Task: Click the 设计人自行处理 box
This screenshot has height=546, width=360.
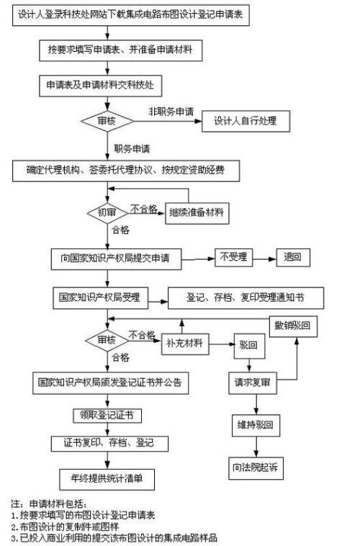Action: (x=244, y=121)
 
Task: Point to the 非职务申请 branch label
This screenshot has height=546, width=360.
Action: (x=171, y=112)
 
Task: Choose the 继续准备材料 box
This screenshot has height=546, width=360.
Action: (x=196, y=212)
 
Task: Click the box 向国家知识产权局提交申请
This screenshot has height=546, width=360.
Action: (x=115, y=257)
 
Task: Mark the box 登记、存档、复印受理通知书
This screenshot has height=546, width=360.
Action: (x=246, y=297)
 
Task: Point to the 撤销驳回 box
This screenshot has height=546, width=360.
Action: (x=294, y=325)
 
